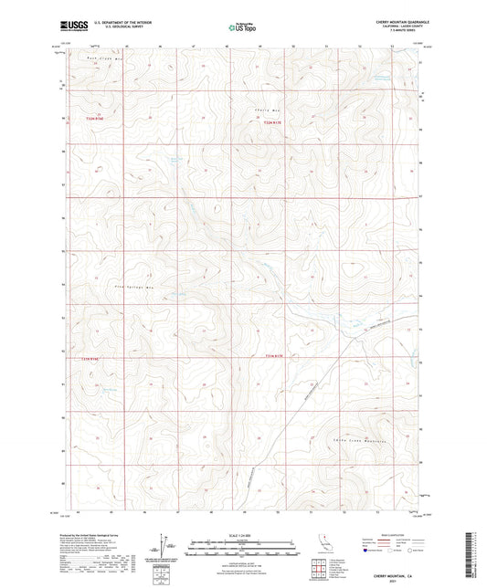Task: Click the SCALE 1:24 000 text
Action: pos(243,535)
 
